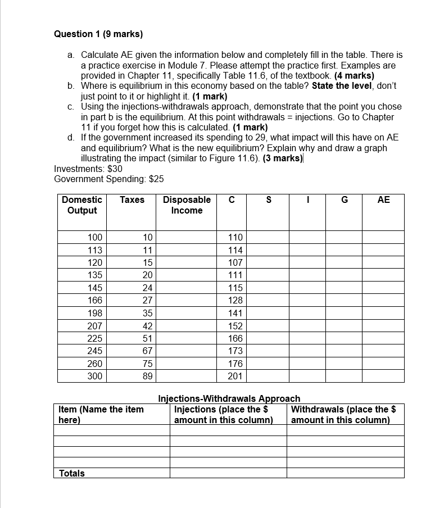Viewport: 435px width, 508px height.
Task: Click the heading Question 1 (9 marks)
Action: pyautogui.click(x=98, y=34)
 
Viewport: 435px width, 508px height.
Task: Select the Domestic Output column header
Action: pyautogui.click(x=81, y=205)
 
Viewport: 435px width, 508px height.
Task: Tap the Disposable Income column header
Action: pyautogui.click(x=187, y=205)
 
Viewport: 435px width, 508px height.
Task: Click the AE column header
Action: pyautogui.click(x=383, y=200)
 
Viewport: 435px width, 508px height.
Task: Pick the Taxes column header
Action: pyautogui.click(x=132, y=200)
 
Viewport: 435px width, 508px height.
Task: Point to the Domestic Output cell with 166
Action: pyautogui.click(x=95, y=301)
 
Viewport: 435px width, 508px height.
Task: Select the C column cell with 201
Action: pyautogui.click(x=235, y=377)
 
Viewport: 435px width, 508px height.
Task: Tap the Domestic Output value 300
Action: pyautogui.click(x=95, y=377)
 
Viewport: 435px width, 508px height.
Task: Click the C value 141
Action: pyautogui.click(x=235, y=314)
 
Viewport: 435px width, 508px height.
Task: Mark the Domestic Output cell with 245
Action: pyautogui.click(x=95, y=351)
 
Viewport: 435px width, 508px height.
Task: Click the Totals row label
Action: pyautogui.click(x=72, y=473)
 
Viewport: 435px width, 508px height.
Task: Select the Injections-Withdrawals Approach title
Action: pyautogui.click(x=229, y=398)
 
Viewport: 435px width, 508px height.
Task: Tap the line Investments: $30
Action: pyautogui.click(x=88, y=169)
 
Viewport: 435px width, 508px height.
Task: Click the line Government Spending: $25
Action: pyautogui.click(x=109, y=179)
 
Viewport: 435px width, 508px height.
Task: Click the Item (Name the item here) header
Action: pyautogui.click(x=101, y=415)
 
